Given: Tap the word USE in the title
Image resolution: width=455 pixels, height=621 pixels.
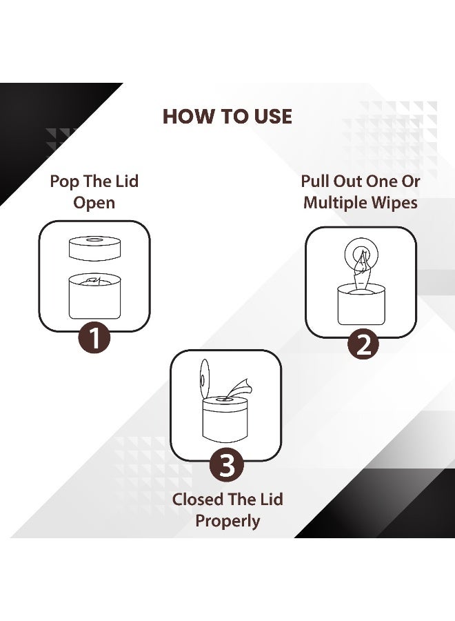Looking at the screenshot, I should (x=269, y=116).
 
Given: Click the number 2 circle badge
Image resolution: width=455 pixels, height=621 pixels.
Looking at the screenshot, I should (x=362, y=344).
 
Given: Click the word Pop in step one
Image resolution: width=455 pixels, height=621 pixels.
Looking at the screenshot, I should (x=65, y=181).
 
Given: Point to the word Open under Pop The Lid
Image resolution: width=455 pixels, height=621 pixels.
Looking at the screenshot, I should (x=94, y=203).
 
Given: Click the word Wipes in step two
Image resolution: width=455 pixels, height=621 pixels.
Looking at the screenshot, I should (x=397, y=203).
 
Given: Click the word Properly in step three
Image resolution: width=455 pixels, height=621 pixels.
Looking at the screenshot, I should (x=228, y=520).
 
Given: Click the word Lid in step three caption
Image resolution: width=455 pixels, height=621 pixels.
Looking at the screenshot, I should (x=268, y=499).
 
